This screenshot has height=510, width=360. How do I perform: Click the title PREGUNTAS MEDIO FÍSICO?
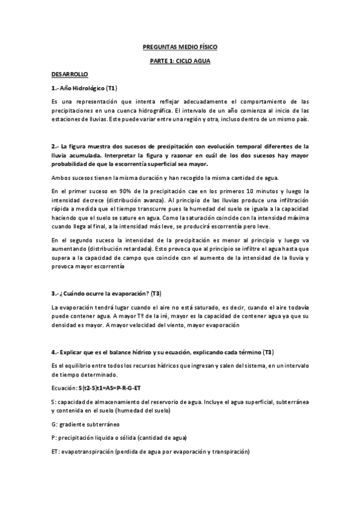click(180, 46)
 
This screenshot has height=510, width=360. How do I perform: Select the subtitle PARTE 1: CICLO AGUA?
click(180, 61)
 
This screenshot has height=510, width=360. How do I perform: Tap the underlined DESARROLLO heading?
click(70, 75)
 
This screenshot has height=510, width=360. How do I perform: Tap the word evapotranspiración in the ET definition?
click(92, 451)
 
